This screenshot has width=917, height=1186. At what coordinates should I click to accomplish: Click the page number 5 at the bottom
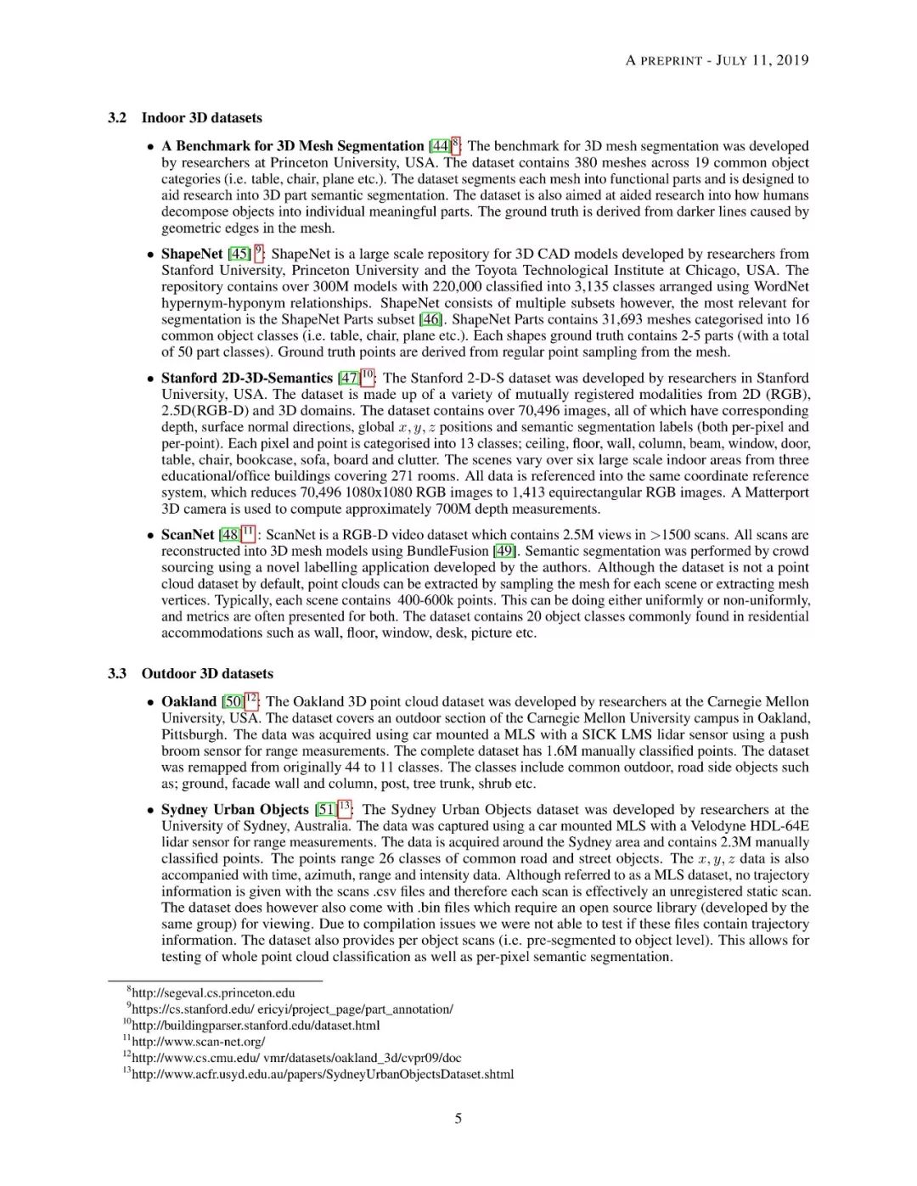[x=458, y=1118]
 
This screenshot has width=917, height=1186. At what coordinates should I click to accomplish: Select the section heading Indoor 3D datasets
[x=201, y=118]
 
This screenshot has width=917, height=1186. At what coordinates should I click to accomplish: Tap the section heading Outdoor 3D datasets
[x=207, y=673]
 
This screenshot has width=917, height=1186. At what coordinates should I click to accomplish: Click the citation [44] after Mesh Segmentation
[x=439, y=147]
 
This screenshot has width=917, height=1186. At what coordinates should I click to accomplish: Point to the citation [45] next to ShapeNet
[x=239, y=254]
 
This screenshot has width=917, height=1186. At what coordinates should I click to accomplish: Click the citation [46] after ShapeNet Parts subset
[x=430, y=319]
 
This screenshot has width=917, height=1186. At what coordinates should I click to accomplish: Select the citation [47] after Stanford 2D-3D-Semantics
[x=348, y=379]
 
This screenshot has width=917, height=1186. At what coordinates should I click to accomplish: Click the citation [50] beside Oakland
[x=232, y=702]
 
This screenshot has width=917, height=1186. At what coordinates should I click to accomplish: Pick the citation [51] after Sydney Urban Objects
[x=325, y=810]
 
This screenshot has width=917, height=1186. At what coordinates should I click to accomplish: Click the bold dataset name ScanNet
[x=188, y=535]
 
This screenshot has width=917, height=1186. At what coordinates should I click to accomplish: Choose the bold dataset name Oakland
[x=189, y=702]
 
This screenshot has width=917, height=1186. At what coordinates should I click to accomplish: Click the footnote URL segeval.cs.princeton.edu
[x=213, y=992]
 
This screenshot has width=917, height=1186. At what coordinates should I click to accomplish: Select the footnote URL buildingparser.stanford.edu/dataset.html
[x=256, y=1025]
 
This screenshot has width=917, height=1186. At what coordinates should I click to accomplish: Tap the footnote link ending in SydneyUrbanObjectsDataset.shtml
[x=323, y=1074]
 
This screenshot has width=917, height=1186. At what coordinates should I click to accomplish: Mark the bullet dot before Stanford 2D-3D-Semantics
[x=150, y=379]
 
